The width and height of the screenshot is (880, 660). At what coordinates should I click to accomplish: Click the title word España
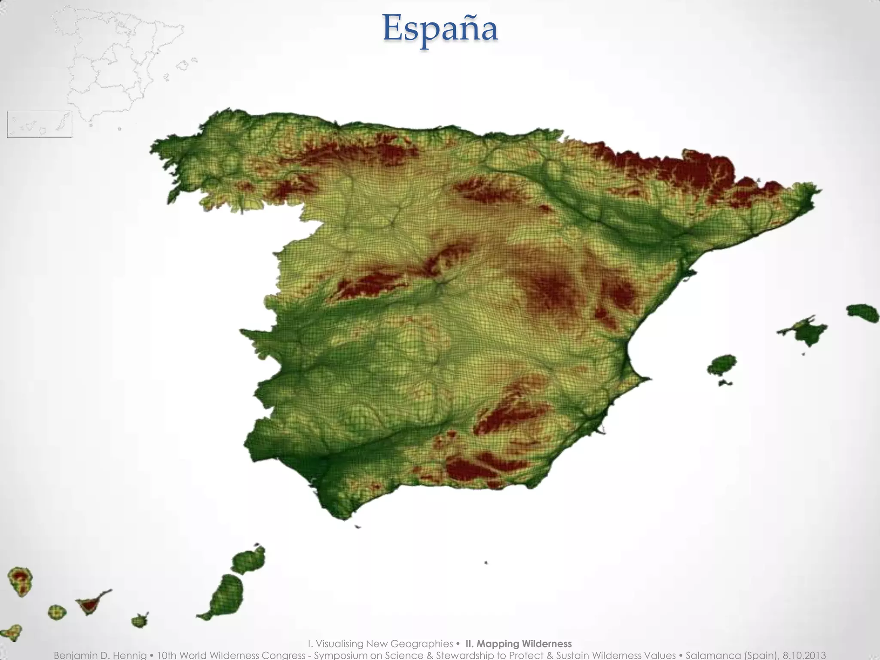[440, 28]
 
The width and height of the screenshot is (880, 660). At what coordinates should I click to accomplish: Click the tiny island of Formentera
[725, 382]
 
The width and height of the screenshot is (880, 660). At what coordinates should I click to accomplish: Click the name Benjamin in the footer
[76, 655]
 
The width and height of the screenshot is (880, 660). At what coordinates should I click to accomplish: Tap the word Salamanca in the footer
[710, 655]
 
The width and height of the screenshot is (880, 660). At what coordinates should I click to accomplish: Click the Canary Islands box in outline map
[40, 124]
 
